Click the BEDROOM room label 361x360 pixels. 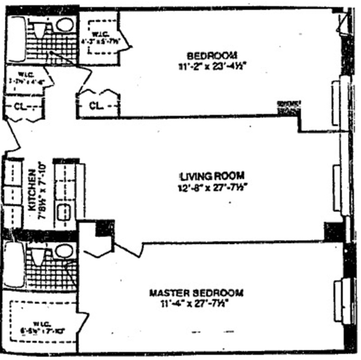click(212, 56)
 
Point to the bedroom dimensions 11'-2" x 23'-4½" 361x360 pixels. click(212, 66)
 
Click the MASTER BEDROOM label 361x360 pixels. click(196, 293)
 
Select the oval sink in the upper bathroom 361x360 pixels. click(65, 25)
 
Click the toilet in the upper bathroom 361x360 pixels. click(40, 29)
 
